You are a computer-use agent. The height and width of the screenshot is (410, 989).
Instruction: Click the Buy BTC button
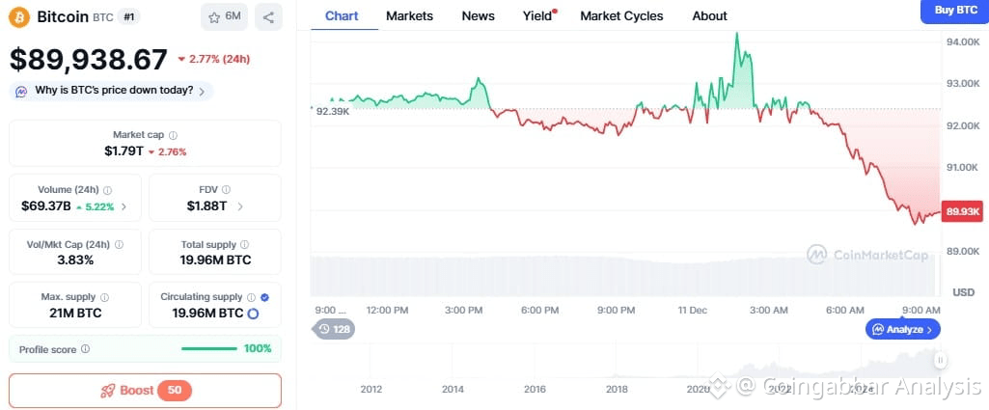pos(953,11)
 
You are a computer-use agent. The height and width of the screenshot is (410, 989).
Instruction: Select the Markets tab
pos(409,15)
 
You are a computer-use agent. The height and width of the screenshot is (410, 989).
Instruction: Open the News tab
pos(478,15)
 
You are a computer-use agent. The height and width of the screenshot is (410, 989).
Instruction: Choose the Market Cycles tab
pos(621,15)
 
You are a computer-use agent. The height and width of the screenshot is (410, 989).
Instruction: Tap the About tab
pos(709,15)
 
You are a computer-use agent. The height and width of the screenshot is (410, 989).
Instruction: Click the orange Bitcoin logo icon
pos(19,16)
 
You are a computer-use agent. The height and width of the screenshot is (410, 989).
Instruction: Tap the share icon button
pos(268,16)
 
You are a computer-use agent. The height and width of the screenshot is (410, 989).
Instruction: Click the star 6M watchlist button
pos(225,16)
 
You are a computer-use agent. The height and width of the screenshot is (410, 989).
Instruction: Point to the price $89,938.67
pos(89,60)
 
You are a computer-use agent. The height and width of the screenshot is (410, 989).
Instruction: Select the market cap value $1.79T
pos(124,151)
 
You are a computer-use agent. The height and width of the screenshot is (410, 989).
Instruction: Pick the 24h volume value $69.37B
pos(46,206)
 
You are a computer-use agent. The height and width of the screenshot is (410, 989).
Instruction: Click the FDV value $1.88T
pos(206,206)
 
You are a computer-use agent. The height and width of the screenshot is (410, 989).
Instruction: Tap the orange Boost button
pos(145,391)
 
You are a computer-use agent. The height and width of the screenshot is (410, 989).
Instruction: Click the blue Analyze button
pos(902,329)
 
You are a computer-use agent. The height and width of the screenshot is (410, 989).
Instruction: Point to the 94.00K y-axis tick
pos(963,42)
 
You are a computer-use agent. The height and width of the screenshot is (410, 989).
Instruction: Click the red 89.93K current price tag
pos(963,210)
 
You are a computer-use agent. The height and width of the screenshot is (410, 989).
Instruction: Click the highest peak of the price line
pos(737,33)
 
